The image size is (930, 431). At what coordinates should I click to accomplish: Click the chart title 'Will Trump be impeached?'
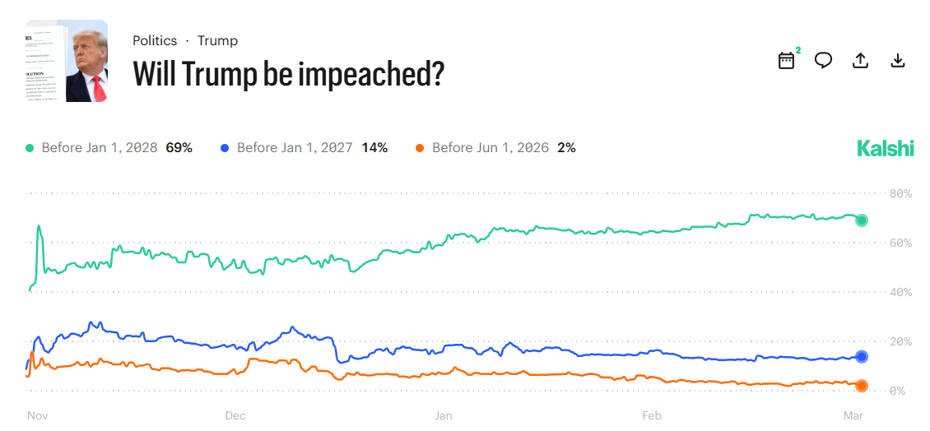point(288,74)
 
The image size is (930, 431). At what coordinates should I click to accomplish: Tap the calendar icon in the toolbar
point(786,61)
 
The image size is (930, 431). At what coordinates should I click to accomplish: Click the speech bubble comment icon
point(823,61)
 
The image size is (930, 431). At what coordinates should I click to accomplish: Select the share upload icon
point(860,61)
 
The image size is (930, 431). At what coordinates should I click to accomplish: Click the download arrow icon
point(898,61)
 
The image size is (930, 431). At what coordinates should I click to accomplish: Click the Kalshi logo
point(886,148)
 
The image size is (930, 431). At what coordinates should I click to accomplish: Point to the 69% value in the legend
point(179,148)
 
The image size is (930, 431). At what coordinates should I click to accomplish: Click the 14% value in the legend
point(374,148)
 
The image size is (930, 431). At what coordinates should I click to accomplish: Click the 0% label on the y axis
point(899,392)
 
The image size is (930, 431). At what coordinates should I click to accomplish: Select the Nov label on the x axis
point(37,415)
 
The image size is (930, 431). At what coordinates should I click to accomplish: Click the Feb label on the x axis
point(652,415)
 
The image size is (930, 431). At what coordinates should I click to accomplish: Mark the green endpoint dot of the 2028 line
point(862,220)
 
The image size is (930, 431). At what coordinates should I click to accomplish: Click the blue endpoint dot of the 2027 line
point(862,357)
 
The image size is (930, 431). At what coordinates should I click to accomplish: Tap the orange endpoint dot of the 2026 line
point(862,386)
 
